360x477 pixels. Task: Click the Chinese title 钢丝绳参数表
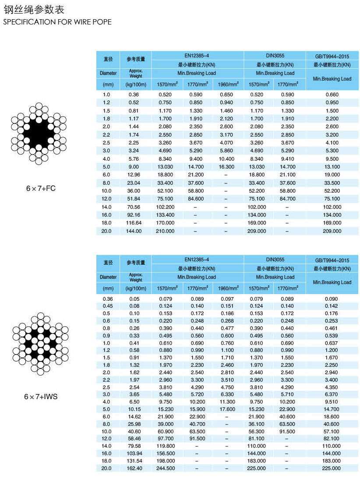tap(34, 10)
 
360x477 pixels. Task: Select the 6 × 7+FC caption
tap(41, 189)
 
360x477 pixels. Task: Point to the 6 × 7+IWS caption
tap(41, 397)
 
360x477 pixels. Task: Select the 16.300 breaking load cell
tap(226, 167)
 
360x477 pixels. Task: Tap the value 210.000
tap(165, 231)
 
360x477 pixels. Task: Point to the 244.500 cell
tap(165, 468)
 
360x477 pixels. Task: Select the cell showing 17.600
tap(226, 409)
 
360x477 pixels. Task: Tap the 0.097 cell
tap(226, 299)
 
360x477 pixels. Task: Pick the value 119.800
tap(165, 446)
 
